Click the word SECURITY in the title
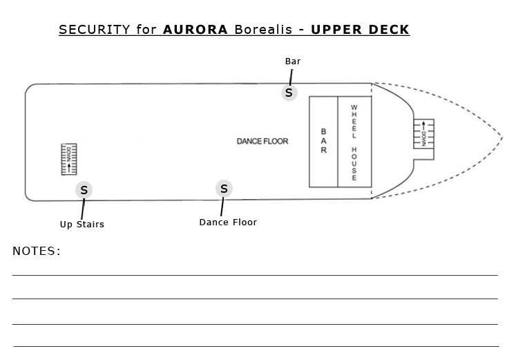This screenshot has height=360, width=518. pos(95,30)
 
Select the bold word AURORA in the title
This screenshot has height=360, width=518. pos(195,30)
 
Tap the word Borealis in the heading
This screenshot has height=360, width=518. pos(263,30)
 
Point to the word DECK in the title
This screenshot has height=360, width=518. pos(389,30)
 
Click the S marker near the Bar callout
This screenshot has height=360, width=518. pos(289,93)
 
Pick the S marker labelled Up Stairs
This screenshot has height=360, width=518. pos(84,190)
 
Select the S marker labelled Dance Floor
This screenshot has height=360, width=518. pos(224,189)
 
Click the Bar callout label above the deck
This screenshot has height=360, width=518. pos(293,61)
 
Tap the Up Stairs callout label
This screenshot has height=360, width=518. pos(82,224)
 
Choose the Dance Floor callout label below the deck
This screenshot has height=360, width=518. pos(228,222)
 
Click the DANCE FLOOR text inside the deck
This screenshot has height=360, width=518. pos(262,142)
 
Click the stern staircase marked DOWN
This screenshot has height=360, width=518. pos(69,159)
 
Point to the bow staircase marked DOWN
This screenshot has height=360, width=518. pos(424,134)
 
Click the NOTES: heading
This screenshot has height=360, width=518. pos(37,251)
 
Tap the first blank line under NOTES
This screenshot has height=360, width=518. pos(255,275)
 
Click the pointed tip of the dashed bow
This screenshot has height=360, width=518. pos(503,138)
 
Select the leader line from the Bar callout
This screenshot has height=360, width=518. pos(291,77)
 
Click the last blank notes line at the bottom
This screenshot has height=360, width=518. pos(256,346)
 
